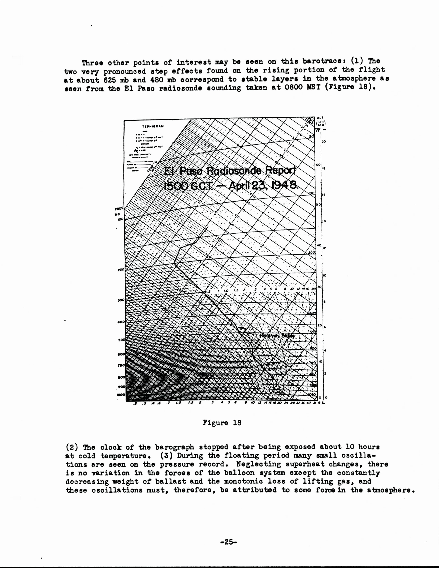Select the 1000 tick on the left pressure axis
121,395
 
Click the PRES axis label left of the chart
119,209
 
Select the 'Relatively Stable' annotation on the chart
277,336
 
